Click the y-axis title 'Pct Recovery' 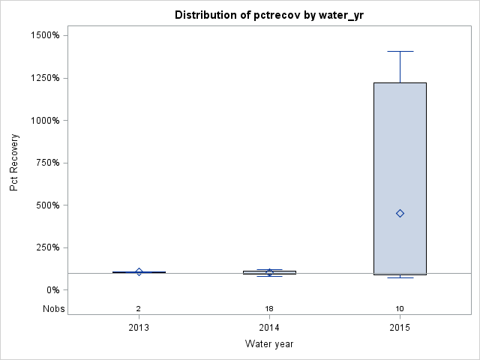14,163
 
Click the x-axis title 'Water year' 269,343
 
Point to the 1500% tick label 45,35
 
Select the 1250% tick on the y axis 45,78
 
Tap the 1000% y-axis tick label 45,120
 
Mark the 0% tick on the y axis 53,290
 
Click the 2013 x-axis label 139,327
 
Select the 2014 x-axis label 269,327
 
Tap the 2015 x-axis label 400,327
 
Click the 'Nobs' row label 53,308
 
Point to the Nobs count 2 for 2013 139,309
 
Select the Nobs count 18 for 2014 269,309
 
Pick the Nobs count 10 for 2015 400,309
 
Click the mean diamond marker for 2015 400,213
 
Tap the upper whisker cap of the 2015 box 400,51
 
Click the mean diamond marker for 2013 139,271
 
